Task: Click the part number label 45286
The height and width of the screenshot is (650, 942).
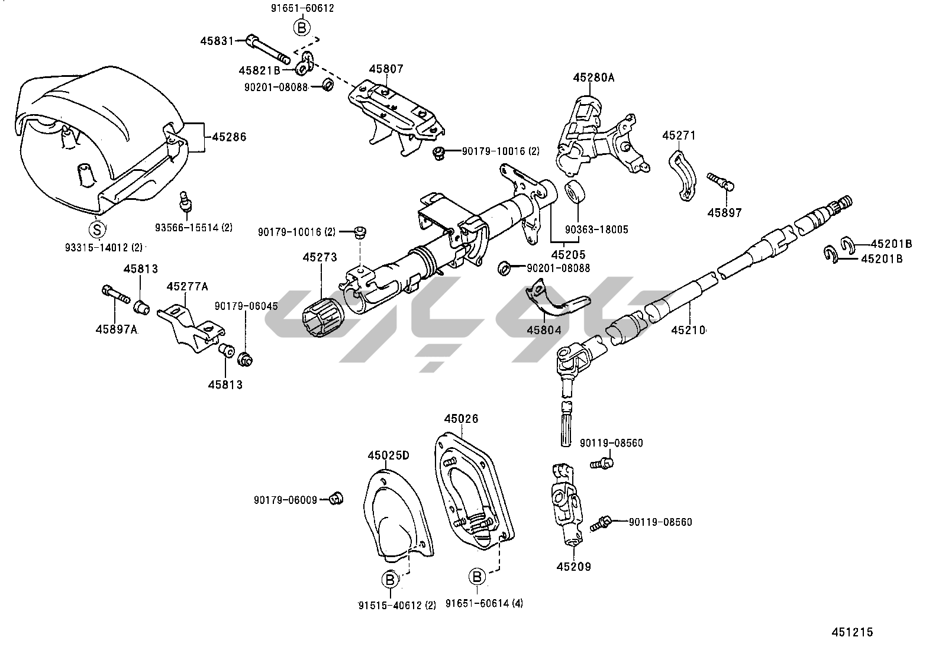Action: pos(229,137)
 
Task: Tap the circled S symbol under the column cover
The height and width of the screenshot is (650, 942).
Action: pos(97,229)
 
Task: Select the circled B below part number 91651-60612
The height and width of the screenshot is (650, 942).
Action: pos(302,28)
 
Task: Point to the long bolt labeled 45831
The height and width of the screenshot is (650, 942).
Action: pos(268,50)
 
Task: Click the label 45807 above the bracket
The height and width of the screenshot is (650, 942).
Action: pos(386,69)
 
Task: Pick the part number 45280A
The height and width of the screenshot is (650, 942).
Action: pos(594,78)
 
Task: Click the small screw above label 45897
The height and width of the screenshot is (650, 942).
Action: pos(721,182)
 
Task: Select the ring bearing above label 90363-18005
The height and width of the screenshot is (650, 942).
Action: pos(575,192)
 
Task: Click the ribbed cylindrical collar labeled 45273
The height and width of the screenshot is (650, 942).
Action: pos(322,317)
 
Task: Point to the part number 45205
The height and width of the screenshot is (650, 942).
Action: pos(568,255)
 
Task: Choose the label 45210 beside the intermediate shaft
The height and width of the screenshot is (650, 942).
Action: pos(688,331)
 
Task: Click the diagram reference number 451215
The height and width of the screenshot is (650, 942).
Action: pos(853,632)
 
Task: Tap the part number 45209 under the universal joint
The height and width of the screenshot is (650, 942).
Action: pos(573,567)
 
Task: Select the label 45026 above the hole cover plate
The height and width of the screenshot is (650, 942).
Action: pos(462,419)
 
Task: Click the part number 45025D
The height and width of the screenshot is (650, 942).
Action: pos(388,455)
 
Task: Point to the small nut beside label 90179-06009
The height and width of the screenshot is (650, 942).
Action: pos(336,498)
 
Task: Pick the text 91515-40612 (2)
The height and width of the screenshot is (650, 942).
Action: pos(398,606)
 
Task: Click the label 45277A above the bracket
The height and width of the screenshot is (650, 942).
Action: pos(187,287)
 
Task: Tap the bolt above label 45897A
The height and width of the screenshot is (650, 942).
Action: pos(115,295)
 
